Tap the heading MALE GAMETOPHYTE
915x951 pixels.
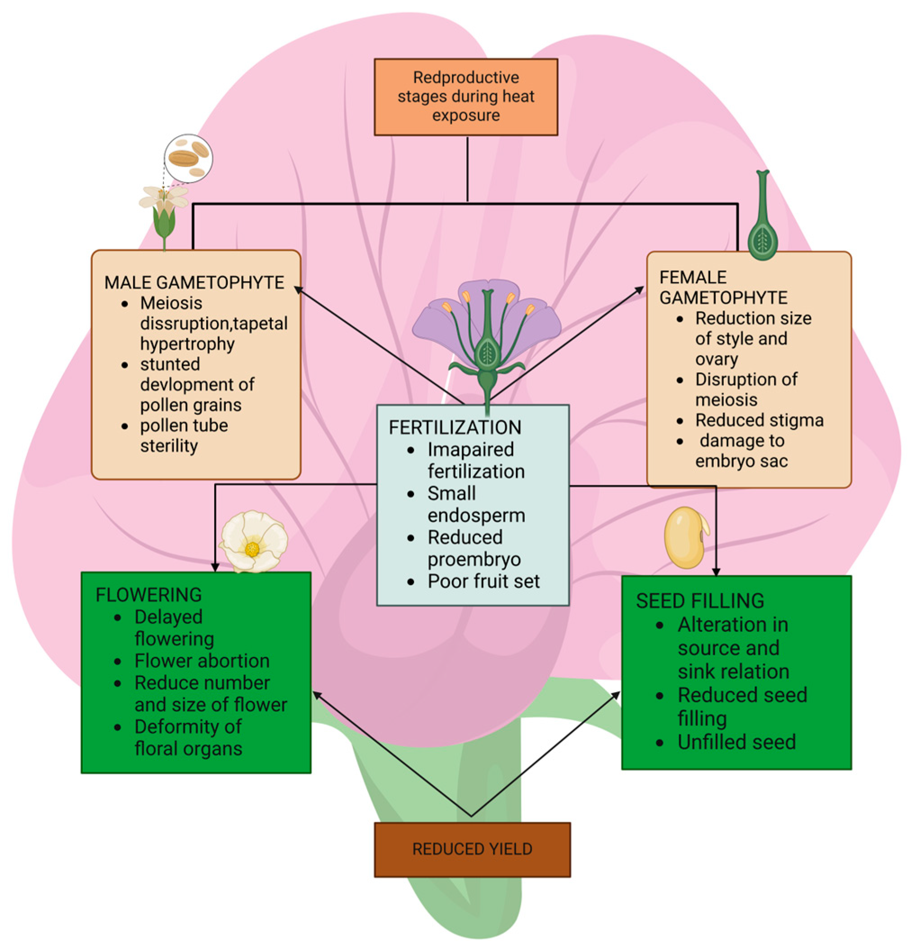click(x=194, y=282)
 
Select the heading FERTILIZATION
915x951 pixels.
click(x=455, y=427)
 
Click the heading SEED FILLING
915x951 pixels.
click(x=699, y=601)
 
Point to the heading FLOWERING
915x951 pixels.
click(x=149, y=595)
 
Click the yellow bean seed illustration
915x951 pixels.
click(x=685, y=537)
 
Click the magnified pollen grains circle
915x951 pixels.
click(x=188, y=158)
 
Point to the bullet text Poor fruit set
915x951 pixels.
click(x=483, y=581)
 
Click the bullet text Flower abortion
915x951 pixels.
click(x=202, y=661)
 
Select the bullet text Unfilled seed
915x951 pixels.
click(x=736, y=742)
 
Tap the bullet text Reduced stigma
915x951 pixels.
click(x=759, y=420)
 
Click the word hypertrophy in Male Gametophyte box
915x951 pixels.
click(x=187, y=344)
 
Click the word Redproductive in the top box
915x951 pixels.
click(x=466, y=77)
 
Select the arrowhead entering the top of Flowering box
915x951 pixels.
click(x=215, y=568)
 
